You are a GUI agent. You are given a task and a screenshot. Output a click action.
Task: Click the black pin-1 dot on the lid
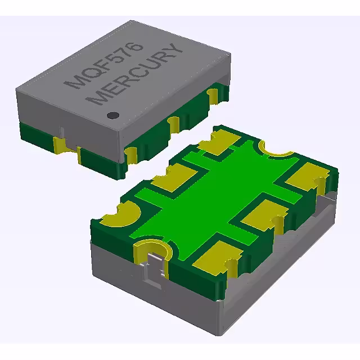pos(113,115)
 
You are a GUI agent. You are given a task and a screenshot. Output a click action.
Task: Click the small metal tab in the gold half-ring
pos(152,264)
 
